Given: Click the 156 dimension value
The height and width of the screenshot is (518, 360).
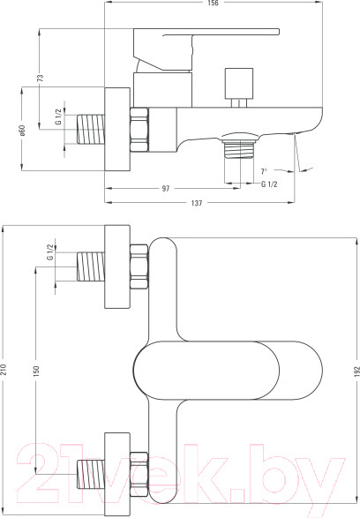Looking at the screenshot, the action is pos(214,3).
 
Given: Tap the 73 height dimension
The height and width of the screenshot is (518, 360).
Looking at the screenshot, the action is pos(40,78).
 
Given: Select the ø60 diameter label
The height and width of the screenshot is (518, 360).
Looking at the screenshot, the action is pos(22,131).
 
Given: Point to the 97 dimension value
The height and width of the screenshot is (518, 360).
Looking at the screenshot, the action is pos(166,188).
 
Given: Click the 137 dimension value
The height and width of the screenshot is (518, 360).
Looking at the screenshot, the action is pos(197,202).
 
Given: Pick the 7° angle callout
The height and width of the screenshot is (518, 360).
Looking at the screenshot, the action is pos(264,171).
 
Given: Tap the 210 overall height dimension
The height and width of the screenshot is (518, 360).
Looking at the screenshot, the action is pos(4,369).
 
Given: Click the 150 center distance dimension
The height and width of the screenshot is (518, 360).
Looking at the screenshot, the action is pos(36,371).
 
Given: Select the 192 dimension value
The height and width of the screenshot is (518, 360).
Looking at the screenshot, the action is pos(356,372).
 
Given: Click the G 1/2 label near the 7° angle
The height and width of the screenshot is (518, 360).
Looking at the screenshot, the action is pos(269,184).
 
